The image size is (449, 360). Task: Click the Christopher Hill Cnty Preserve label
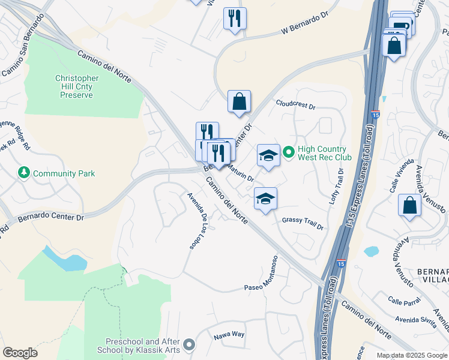point(77,86)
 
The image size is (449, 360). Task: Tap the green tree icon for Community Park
point(24,173)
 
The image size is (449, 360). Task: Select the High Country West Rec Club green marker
point(288,153)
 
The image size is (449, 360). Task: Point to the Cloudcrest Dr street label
point(295,104)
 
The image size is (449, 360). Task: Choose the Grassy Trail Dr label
point(303,224)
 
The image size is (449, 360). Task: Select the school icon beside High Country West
point(268,155)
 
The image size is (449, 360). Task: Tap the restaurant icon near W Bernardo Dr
point(235,17)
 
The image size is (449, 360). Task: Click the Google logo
point(20,352)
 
